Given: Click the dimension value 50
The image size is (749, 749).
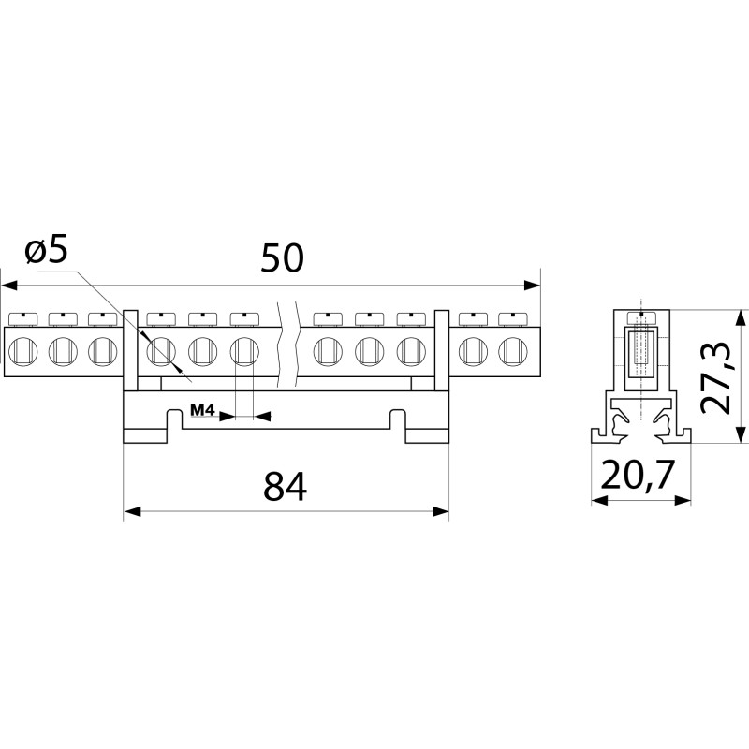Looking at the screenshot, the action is (282, 258).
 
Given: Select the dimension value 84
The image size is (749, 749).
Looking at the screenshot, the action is (286, 487).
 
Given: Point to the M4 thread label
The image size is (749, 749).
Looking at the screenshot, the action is (203, 409).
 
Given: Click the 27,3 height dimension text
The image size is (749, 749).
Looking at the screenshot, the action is (716, 377).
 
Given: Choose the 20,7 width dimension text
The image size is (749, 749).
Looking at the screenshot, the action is (638, 475).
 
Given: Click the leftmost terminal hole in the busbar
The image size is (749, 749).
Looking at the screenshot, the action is (22, 351).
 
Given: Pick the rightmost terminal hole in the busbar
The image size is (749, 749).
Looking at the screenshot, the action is (512, 351).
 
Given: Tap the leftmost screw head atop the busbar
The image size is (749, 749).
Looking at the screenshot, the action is (23, 319).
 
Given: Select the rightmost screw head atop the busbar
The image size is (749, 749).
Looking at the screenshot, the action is (512, 319).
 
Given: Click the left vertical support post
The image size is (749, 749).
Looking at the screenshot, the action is (130, 350).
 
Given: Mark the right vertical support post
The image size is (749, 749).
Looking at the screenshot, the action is (442, 350).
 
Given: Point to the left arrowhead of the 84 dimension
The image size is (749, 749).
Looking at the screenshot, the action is (132, 511).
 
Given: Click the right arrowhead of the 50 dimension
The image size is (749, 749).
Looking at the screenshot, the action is (532, 286).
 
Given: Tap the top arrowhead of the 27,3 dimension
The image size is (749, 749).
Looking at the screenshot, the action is (741, 318).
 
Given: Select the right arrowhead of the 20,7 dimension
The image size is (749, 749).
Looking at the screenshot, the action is (683, 500).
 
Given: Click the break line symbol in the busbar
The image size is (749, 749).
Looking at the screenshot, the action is (287, 345).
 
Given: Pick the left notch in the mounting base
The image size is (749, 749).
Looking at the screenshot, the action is (174, 419).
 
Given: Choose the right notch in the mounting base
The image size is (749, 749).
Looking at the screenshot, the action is (398, 419).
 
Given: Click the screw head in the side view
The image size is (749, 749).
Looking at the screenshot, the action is (641, 318).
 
